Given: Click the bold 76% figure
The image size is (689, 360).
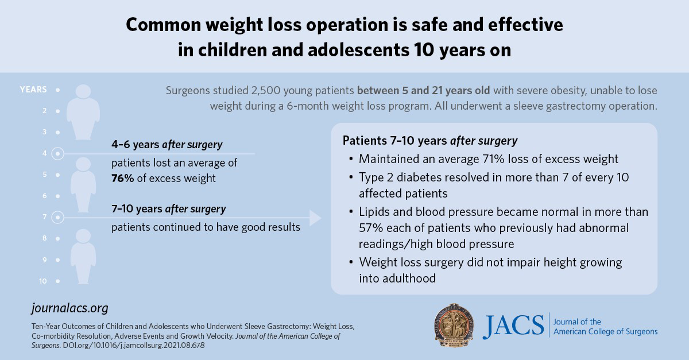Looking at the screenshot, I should (x=123, y=178).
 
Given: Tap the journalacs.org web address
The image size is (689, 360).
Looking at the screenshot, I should (x=69, y=308).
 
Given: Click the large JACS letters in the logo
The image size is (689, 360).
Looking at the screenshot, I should (x=513, y=327).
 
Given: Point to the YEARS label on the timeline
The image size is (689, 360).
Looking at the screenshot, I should (x=33, y=90).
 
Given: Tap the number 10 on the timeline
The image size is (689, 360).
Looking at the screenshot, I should (x=44, y=281).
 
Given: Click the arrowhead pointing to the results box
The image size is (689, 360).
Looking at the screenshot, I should (x=315, y=218).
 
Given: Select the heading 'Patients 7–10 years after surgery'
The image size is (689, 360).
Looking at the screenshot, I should (x=430, y=141).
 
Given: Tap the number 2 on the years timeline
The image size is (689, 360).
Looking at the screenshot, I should (x=45, y=111).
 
